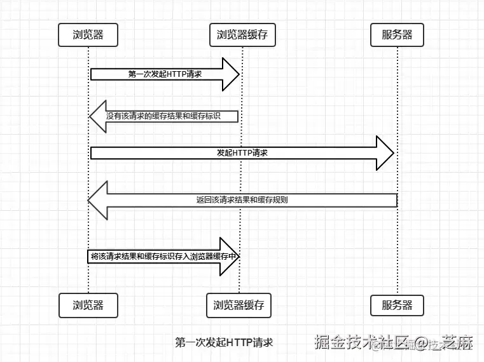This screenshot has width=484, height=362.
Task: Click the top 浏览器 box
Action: pos(88,35)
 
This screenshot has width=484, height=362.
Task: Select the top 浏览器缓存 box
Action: pos(242,35)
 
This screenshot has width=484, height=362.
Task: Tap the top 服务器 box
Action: pos(397,35)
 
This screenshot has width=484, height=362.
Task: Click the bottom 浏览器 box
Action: pos(88,305)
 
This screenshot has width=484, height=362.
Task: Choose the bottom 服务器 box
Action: pos(397,305)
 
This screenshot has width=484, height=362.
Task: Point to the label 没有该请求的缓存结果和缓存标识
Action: pos(172,116)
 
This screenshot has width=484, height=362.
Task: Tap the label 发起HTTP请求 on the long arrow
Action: pos(242,153)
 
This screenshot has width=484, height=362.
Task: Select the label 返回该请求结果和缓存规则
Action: pos(242,200)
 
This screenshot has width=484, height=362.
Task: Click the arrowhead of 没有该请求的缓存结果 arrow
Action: pos(97,116)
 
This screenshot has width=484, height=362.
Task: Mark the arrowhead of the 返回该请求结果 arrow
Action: pos(97,200)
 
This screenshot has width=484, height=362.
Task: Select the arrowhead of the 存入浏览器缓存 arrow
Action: pos(230,257)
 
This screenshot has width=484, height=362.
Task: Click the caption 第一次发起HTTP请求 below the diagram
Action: pos(224,342)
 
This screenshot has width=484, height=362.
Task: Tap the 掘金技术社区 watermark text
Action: pos(360,343)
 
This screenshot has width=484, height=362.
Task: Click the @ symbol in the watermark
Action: pos(419,344)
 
